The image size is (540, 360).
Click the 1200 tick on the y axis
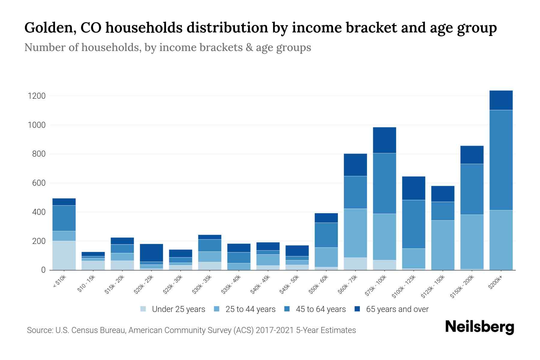[x=36, y=96]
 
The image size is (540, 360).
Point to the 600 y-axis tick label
[x=39, y=183]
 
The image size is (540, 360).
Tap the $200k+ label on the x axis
[x=495, y=283]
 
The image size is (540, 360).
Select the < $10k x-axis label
[x=59, y=282]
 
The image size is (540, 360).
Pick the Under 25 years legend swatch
[x=143, y=309]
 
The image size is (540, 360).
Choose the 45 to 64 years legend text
[x=321, y=309]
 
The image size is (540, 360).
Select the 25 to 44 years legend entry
[x=250, y=309]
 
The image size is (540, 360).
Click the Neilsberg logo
[x=479, y=327]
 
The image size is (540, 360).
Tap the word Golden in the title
[x=47, y=28]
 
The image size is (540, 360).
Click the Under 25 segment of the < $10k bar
[x=64, y=255]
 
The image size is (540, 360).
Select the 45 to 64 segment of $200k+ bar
[x=501, y=160]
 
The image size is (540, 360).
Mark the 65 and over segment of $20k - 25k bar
[x=151, y=253]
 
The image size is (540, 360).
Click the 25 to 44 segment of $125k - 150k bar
[x=442, y=245]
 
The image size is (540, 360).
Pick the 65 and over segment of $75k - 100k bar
[x=384, y=140]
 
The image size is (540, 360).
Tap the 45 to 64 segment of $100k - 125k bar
[x=413, y=224]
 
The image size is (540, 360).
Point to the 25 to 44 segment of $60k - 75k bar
[x=355, y=233]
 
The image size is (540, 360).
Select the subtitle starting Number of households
[x=167, y=47]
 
